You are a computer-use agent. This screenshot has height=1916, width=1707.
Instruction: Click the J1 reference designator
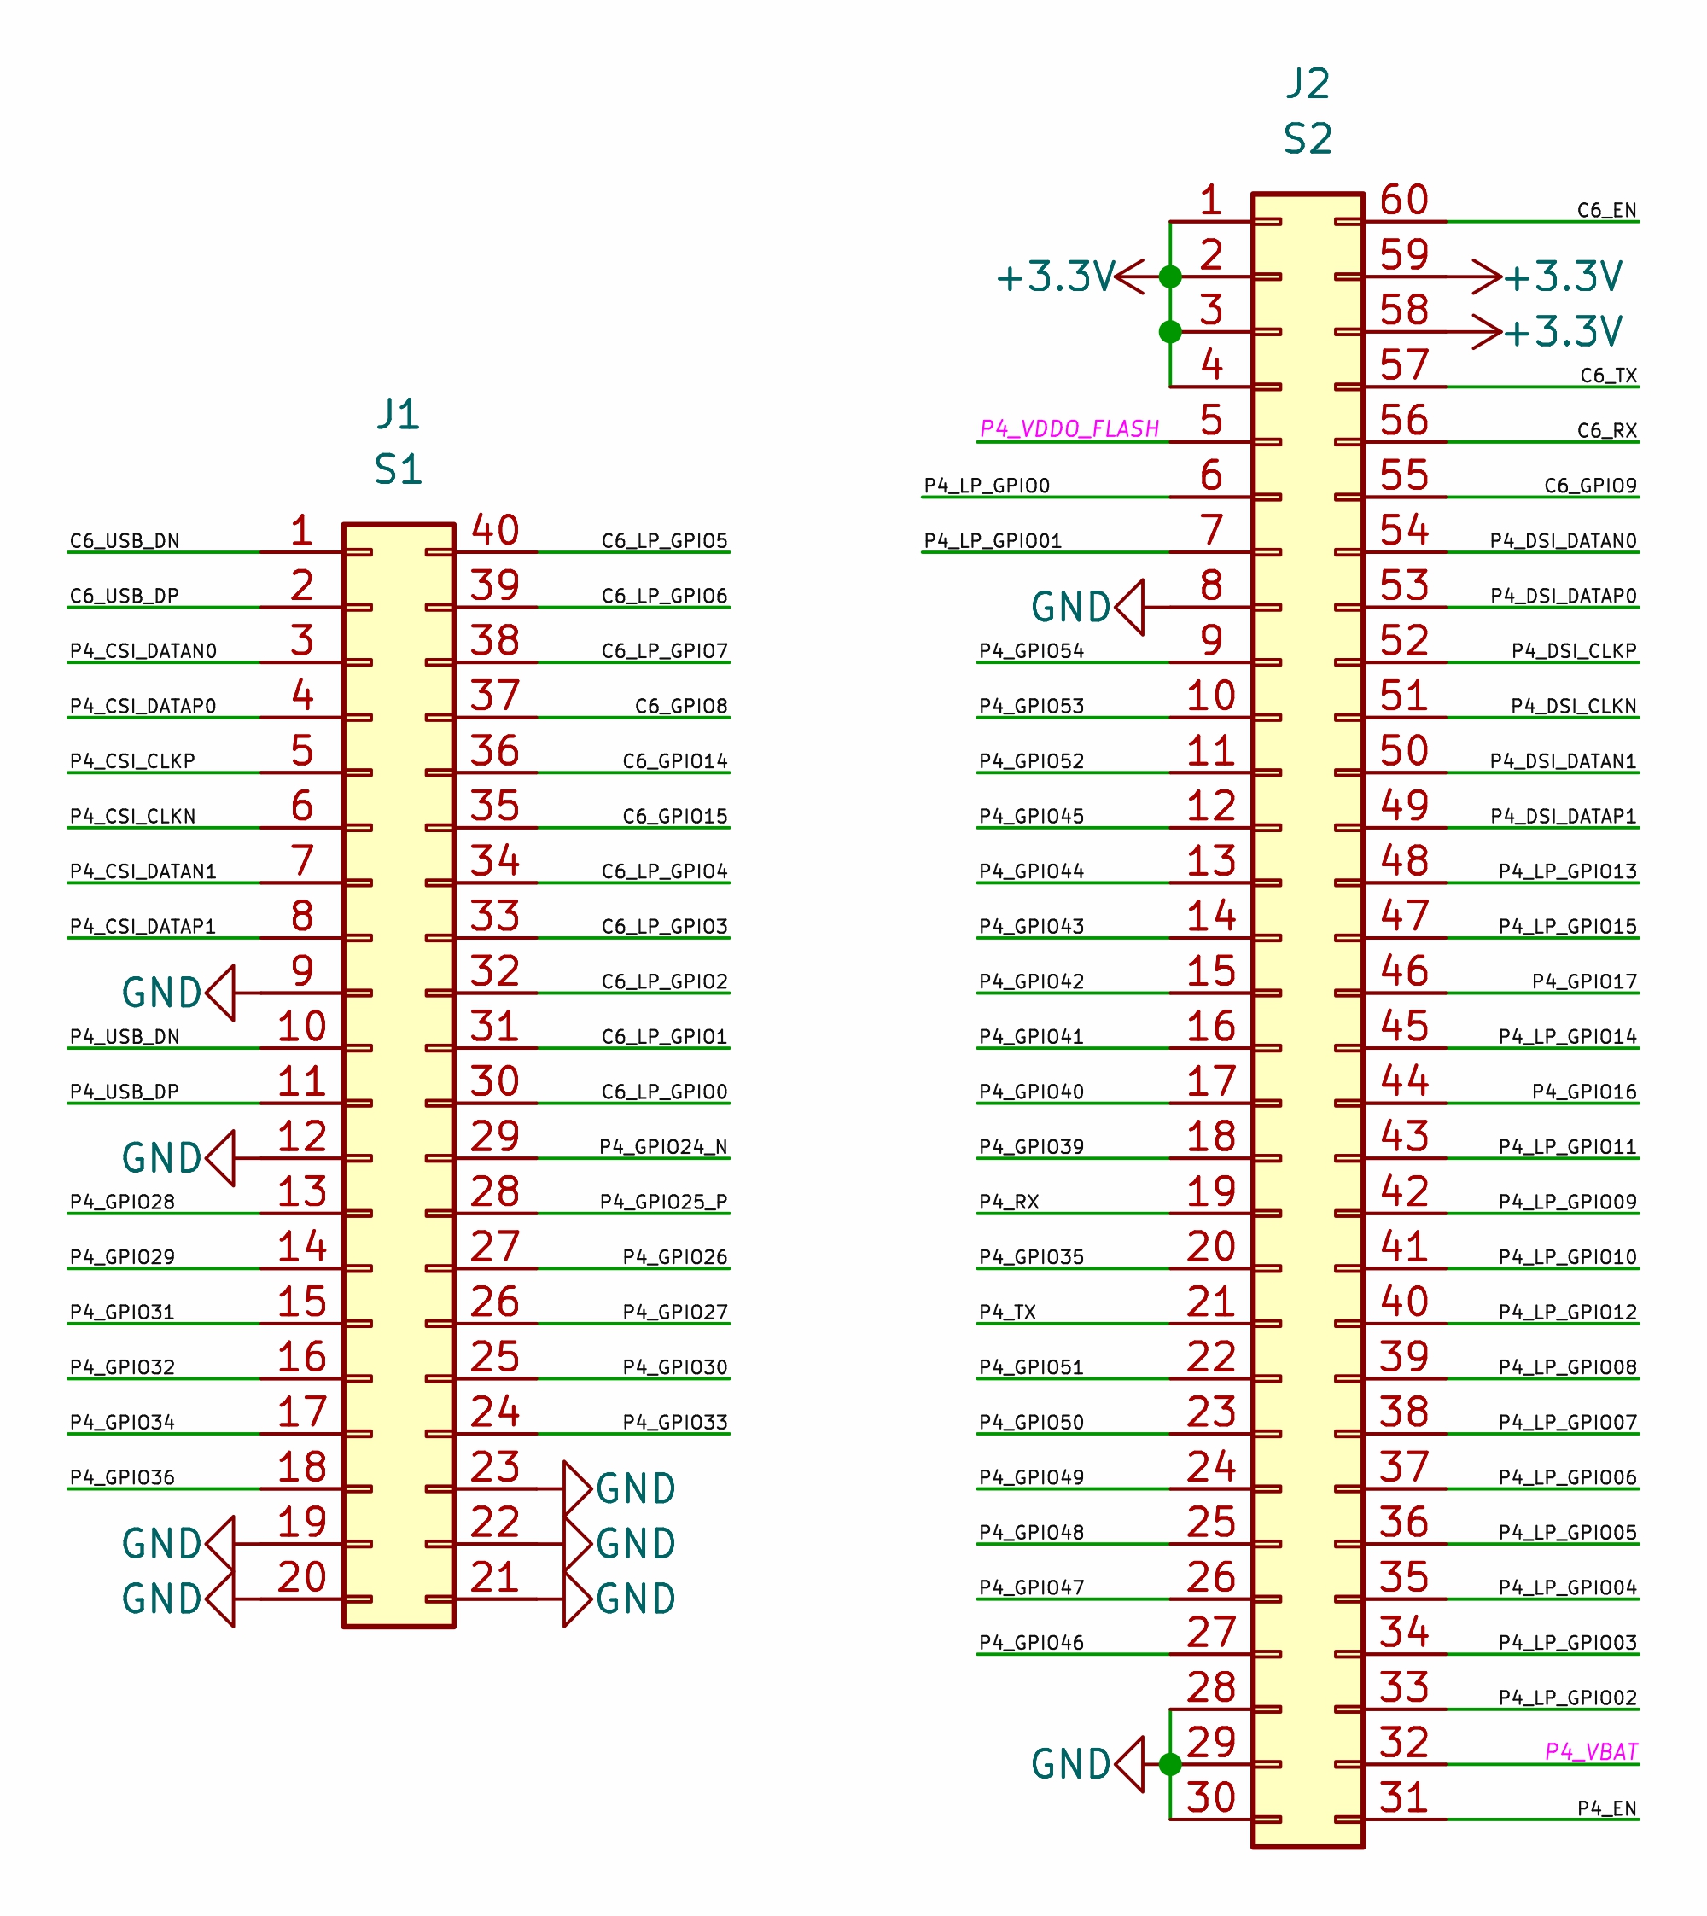click(398, 414)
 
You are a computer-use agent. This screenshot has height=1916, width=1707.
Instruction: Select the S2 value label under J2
click(1308, 139)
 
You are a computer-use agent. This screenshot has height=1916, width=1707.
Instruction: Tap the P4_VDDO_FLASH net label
click(1069, 428)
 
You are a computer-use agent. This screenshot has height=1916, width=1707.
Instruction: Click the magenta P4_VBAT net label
click(1591, 1752)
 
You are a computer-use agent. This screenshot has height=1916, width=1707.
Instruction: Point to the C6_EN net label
click(1606, 210)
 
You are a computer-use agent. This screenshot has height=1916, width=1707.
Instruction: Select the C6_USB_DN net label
click(125, 541)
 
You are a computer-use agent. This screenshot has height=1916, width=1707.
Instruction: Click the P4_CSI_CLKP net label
click(132, 761)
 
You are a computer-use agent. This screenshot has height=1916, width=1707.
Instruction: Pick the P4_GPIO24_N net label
click(663, 1147)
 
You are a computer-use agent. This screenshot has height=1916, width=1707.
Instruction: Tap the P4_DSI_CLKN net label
click(1574, 706)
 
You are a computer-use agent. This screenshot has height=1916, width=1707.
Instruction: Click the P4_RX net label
click(1009, 1203)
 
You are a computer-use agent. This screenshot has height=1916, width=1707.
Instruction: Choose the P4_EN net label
click(1606, 1808)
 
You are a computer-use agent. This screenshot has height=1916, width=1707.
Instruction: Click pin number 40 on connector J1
click(495, 531)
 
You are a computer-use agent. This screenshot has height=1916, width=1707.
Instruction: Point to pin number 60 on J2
click(1404, 200)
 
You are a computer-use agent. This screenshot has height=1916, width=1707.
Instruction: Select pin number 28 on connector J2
click(1211, 1688)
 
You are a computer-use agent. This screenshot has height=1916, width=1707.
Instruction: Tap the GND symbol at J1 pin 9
click(178, 993)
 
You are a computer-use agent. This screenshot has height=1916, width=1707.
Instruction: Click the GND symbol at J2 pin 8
click(1088, 608)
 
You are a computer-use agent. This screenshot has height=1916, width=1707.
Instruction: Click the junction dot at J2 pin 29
click(1169, 1765)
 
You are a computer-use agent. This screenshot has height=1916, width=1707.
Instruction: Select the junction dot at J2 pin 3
click(1169, 332)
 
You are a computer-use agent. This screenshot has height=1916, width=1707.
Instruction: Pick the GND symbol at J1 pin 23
click(620, 1489)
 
